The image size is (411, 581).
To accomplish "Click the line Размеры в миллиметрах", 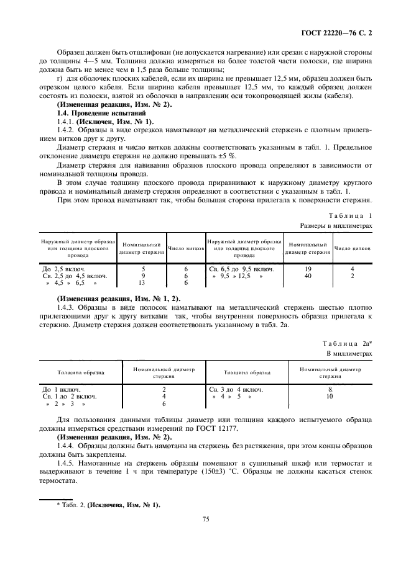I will point(336,226).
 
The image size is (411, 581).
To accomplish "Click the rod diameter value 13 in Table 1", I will point(144,282).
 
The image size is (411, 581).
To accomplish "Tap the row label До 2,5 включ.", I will point(65,269).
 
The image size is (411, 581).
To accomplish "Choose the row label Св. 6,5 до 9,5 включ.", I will point(240,269).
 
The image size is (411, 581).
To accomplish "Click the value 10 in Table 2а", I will point(330,396).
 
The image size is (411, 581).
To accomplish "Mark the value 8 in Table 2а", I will point(330,389).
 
